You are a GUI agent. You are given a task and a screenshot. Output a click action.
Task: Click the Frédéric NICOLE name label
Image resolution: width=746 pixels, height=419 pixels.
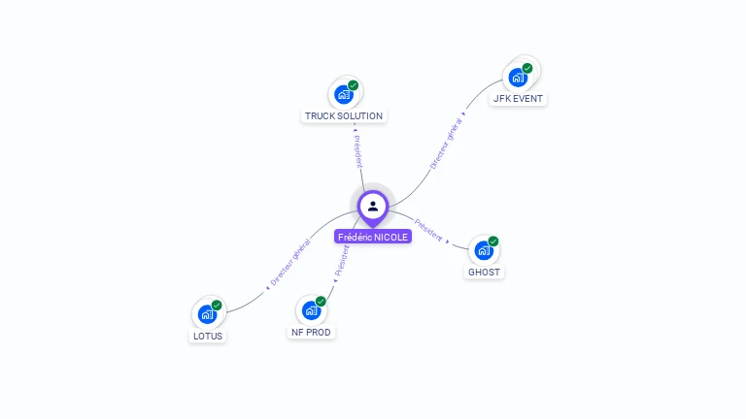click(x=373, y=237)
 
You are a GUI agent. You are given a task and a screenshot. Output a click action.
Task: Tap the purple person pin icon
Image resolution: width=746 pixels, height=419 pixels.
click(x=373, y=206)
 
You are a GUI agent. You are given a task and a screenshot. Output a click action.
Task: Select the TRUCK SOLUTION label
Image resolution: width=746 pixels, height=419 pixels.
click(x=344, y=116)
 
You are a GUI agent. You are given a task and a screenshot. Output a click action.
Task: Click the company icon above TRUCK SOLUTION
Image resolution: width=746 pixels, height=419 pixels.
click(x=344, y=94)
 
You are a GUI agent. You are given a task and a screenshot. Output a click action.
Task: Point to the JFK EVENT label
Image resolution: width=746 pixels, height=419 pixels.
click(x=518, y=99)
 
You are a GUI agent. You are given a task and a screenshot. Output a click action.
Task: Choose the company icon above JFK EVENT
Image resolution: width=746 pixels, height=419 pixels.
click(x=518, y=77)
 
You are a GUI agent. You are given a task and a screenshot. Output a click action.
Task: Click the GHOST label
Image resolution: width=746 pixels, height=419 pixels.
click(x=484, y=273)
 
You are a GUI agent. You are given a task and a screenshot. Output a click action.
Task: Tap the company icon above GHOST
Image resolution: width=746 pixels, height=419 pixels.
click(x=484, y=250)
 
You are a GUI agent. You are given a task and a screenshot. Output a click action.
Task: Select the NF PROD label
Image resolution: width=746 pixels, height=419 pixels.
click(x=311, y=333)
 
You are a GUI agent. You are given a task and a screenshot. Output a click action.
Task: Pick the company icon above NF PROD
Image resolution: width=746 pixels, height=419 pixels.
click(x=311, y=310)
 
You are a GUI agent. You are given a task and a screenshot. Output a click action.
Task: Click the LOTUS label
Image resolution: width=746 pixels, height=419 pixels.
click(x=207, y=337)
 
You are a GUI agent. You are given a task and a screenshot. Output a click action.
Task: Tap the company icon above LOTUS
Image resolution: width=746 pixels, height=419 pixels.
click(x=207, y=314)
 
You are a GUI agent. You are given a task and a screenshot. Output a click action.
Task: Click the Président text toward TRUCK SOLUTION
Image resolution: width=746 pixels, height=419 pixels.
click(x=356, y=150)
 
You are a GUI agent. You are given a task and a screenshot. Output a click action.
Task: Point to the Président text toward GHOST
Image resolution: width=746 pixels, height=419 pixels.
click(x=427, y=229)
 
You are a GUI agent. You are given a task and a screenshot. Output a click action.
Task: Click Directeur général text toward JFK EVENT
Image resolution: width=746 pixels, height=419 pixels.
click(x=446, y=145)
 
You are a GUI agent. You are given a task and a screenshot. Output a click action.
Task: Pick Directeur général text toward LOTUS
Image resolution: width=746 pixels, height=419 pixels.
click(x=289, y=263)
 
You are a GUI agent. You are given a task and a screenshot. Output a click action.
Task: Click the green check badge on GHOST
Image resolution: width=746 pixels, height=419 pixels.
click(x=493, y=242)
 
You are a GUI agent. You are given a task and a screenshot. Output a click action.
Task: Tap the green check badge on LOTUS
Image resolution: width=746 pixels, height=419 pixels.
click(x=217, y=306)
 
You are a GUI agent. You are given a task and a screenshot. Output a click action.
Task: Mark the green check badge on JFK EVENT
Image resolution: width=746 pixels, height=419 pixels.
click(x=527, y=68)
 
